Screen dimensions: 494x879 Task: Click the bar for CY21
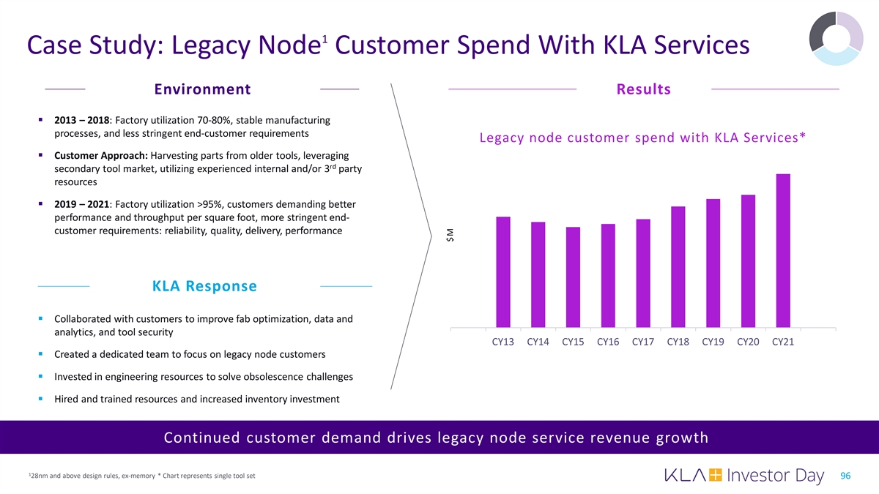click(783, 250)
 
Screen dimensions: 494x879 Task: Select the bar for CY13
click(503, 272)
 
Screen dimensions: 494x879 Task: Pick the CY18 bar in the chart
click(678, 266)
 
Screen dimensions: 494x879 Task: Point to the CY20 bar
click(748, 261)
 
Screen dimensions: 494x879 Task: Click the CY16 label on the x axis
click(608, 343)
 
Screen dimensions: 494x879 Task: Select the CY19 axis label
click(713, 343)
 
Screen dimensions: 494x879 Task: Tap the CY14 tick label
click(538, 343)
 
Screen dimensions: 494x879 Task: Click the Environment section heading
click(203, 89)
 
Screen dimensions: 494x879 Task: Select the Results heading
click(644, 89)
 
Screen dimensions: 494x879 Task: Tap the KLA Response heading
click(204, 286)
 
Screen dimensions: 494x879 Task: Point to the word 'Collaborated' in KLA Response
click(85, 319)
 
